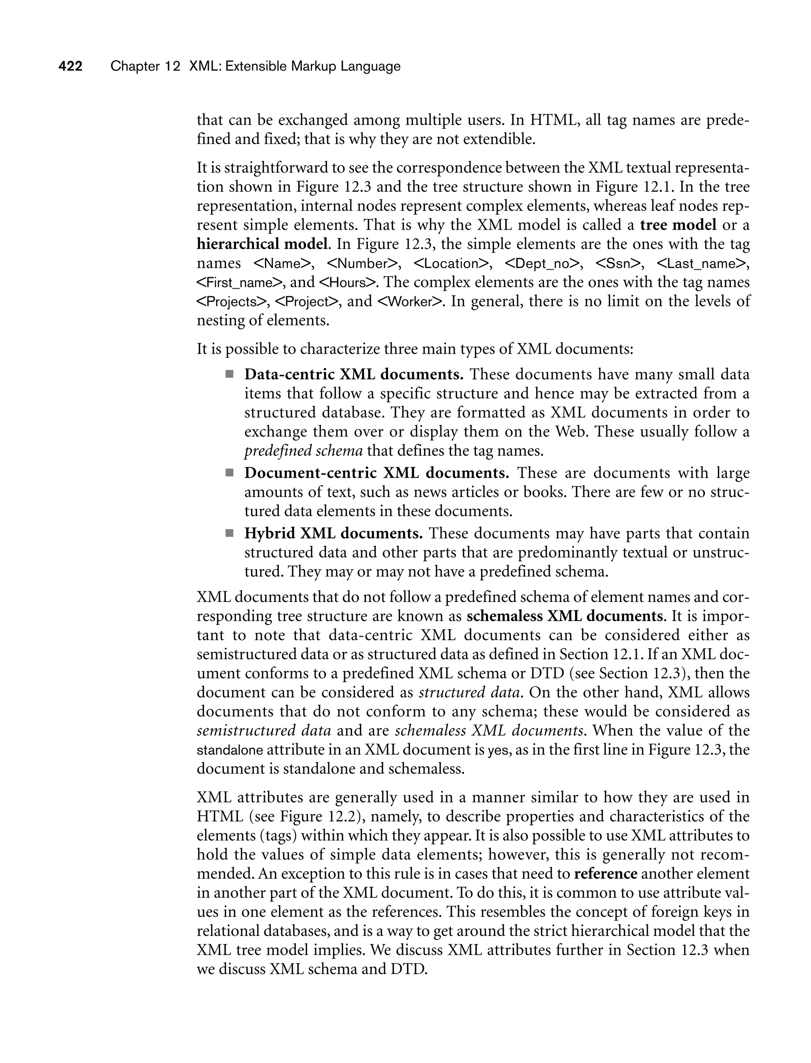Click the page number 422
click(70, 66)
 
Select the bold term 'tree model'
click(678, 225)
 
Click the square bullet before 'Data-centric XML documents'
click(229, 374)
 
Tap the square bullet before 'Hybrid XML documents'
click(229, 533)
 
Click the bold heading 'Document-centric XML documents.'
click(376, 472)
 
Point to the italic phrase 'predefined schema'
click(303, 451)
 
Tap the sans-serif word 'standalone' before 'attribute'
click(230, 750)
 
